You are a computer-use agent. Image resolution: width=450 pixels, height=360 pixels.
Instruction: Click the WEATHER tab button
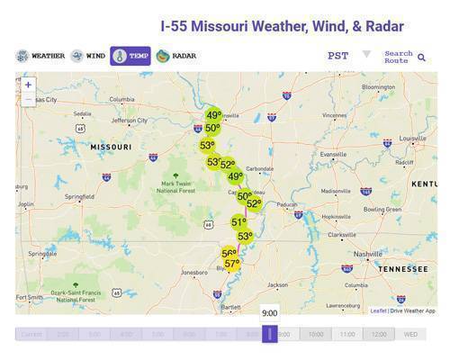tap(40, 56)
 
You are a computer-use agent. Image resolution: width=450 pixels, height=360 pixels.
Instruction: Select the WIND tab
tap(88, 56)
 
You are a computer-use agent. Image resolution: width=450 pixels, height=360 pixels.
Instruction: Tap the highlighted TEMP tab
tap(130, 56)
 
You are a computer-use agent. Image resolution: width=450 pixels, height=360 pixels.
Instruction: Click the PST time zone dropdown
tap(348, 56)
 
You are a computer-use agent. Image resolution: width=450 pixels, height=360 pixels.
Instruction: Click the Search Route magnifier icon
tap(421, 58)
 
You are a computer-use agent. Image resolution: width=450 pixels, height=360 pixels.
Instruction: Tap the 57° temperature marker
tap(232, 264)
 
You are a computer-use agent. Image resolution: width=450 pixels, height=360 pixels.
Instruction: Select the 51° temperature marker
tap(238, 222)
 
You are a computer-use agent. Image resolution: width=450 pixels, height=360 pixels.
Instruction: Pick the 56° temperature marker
tap(229, 254)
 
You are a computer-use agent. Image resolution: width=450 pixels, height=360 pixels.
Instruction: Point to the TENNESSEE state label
tap(403, 268)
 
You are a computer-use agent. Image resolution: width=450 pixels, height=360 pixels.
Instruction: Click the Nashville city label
tap(366, 254)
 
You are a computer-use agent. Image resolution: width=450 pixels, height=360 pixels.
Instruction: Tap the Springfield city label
tap(79, 196)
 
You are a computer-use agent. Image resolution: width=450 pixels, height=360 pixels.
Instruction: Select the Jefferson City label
tap(130, 120)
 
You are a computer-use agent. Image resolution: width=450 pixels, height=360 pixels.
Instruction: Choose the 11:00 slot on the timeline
tap(347, 334)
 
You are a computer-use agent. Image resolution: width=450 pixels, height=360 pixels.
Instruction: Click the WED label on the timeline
tap(410, 334)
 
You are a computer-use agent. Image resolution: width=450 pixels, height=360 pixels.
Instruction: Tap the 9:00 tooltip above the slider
tap(269, 313)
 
